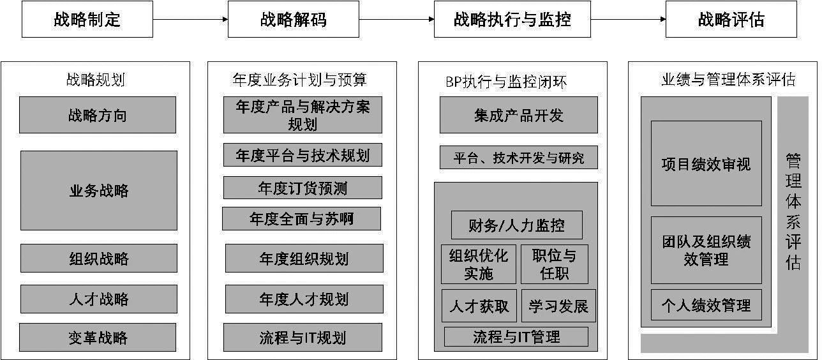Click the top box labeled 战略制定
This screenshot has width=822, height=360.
(x=87, y=19)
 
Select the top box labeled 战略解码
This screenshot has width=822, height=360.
(x=294, y=19)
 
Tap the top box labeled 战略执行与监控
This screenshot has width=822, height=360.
(x=512, y=19)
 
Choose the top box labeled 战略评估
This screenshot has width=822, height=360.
(x=731, y=19)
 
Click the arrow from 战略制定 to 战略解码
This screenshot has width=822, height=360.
(x=190, y=19)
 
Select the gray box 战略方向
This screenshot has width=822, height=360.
(x=98, y=116)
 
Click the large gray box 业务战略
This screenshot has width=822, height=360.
(x=99, y=190)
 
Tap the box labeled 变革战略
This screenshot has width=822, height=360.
(x=98, y=337)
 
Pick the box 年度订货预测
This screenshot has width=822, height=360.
(x=303, y=188)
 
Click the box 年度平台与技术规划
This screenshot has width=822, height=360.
(x=303, y=155)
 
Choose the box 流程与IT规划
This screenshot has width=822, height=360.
(x=303, y=337)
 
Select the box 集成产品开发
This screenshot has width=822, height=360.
(x=518, y=116)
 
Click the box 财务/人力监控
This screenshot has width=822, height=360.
(x=516, y=225)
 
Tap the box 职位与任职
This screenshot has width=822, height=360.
(x=554, y=264)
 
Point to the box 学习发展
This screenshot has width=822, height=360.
(x=558, y=306)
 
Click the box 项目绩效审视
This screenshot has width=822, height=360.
(x=706, y=163)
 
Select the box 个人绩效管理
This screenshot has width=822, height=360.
(x=706, y=305)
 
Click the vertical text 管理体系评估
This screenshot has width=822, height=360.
(x=793, y=211)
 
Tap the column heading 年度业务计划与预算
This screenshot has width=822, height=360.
(x=300, y=80)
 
